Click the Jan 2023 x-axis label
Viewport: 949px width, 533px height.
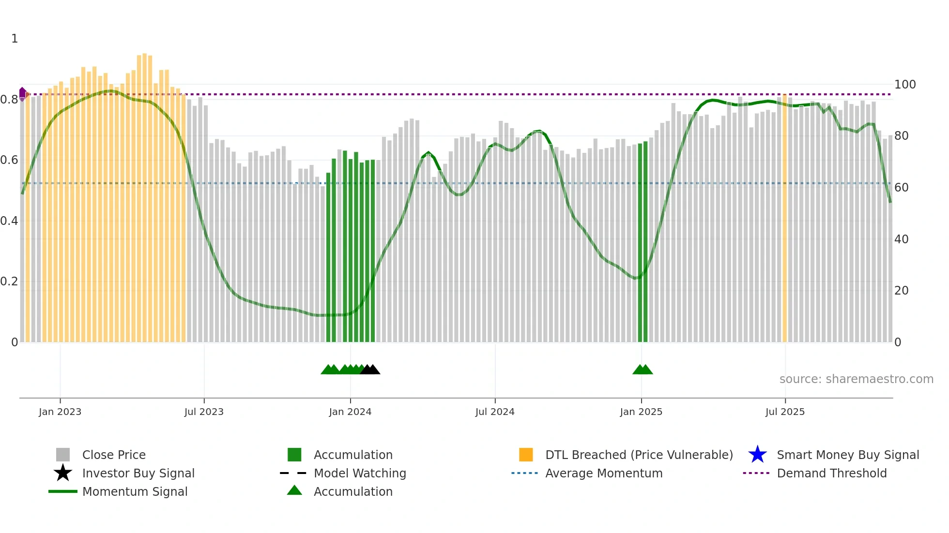pyautogui.click(x=60, y=412)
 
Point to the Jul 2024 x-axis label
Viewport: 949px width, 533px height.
pyautogui.click(x=495, y=412)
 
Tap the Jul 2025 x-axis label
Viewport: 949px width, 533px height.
pyautogui.click(x=785, y=412)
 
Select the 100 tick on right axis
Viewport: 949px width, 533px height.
pyautogui.click(x=904, y=85)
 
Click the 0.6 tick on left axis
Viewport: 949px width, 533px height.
pyautogui.click(x=9, y=160)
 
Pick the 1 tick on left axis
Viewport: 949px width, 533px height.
pyautogui.click(x=15, y=39)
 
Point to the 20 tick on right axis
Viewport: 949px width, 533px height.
pyautogui.click(x=901, y=291)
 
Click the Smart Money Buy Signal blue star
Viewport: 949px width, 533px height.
pyautogui.click(x=757, y=455)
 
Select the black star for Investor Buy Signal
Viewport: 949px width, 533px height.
pyautogui.click(x=63, y=473)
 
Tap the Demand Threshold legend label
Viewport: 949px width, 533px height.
pyautogui.click(x=831, y=473)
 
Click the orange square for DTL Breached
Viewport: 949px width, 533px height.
pyautogui.click(x=526, y=455)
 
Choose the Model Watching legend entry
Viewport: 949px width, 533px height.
pyautogui.click(x=360, y=473)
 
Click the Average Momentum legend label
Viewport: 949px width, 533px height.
pyautogui.click(x=604, y=473)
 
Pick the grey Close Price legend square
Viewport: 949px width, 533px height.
pyautogui.click(x=63, y=455)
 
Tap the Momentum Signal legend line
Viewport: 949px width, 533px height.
pyautogui.click(x=63, y=491)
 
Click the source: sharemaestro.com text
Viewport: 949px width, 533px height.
pyautogui.click(x=856, y=379)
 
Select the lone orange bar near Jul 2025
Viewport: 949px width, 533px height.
pyautogui.click(x=784, y=218)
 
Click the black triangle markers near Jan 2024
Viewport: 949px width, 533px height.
pyautogui.click(x=370, y=370)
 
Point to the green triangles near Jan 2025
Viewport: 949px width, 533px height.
pyautogui.click(x=643, y=370)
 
